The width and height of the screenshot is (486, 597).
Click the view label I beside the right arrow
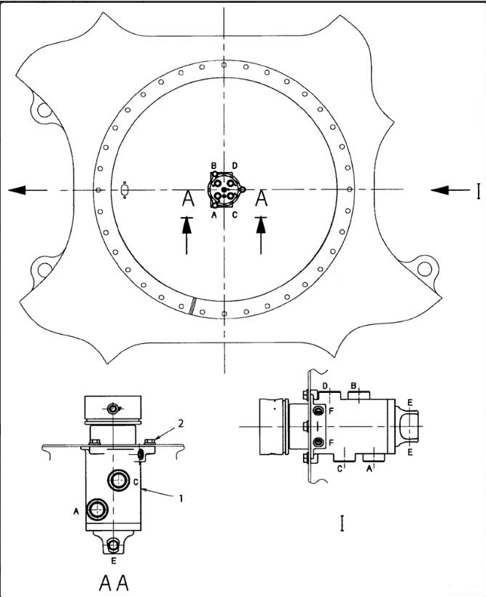tap(479, 191)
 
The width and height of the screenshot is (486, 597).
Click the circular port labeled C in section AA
tap(118, 480)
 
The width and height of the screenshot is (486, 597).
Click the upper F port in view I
tap(317, 413)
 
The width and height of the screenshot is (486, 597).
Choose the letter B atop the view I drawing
tap(353, 386)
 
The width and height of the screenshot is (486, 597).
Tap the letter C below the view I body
tap(340, 469)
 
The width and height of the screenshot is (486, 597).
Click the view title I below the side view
tap(342, 523)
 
